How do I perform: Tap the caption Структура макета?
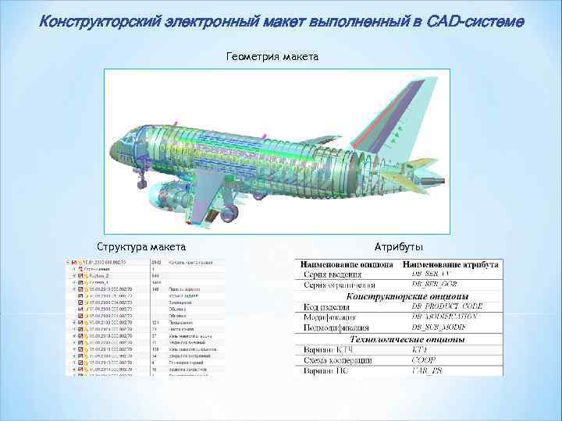pyautogui.click(x=140, y=246)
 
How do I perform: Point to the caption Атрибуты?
pyautogui.click(x=399, y=246)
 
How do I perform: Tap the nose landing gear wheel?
pyautogui.click(x=142, y=184)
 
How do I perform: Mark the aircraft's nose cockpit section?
pyautogui.click(x=125, y=145)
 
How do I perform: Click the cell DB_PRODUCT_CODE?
pyautogui.click(x=443, y=306)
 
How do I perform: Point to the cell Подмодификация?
pyautogui.click(x=341, y=329)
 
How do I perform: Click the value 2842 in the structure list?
pyautogui.click(x=155, y=263)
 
